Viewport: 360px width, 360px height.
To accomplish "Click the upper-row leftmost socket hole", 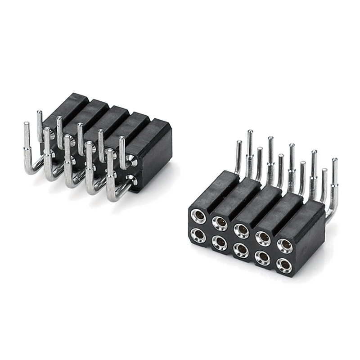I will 198,216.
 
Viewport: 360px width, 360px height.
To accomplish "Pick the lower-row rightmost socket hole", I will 284,265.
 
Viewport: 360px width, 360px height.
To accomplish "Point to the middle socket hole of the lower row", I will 241,250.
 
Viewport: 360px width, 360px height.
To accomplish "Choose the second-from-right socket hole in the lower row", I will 263,257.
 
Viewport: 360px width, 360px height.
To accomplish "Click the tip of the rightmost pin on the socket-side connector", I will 334,161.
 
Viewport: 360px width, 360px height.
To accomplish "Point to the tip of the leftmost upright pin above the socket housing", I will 239,144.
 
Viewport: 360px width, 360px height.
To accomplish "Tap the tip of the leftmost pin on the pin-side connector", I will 27,125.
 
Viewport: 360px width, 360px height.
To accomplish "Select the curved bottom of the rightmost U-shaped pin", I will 114,197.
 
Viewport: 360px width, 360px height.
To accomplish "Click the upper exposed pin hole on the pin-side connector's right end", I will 133,161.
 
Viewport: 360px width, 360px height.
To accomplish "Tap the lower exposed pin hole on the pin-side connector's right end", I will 132,180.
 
